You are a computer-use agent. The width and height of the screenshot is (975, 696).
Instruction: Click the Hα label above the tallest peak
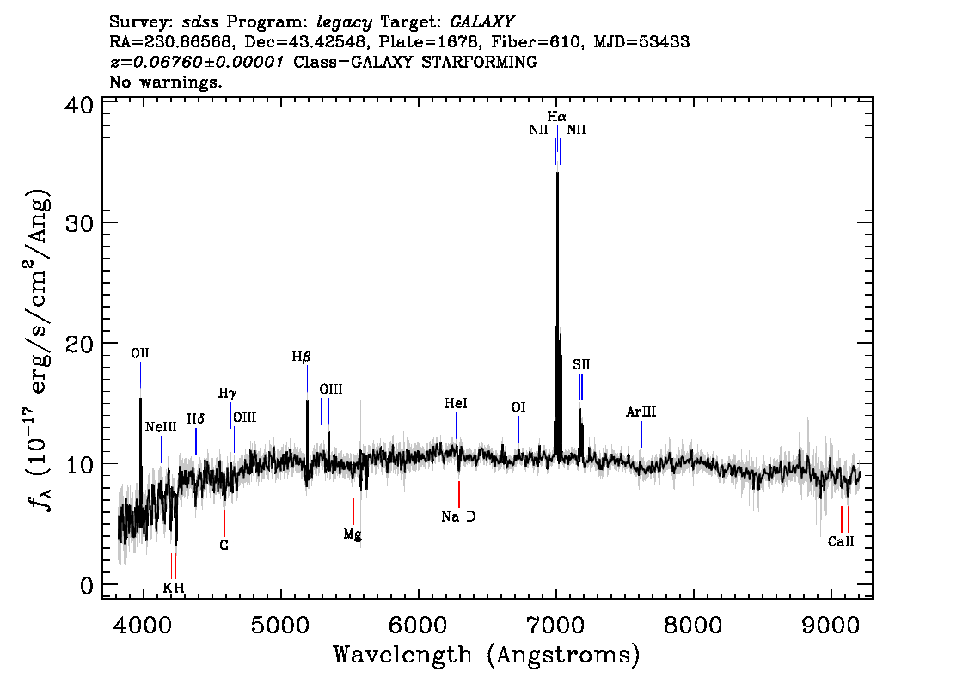pos(556,115)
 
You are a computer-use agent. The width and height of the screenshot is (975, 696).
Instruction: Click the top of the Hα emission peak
pos(557,173)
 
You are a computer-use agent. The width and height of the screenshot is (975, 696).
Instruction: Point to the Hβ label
pos(301,357)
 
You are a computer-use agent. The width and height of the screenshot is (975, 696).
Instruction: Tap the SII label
pos(581,365)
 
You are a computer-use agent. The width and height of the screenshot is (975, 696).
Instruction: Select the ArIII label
pos(641,412)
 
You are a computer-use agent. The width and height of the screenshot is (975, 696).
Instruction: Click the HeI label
pos(456,404)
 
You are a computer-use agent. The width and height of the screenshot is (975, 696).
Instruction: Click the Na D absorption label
pos(458,516)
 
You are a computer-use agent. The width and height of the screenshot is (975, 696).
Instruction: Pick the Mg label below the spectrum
pos(353,534)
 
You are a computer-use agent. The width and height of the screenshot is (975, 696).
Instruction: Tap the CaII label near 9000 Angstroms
pos(841,541)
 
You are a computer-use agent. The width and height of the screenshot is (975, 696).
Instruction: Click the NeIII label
pos(161,427)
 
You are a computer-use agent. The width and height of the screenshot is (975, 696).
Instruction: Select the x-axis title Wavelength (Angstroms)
pos(487,656)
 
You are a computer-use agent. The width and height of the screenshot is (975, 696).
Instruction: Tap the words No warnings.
pos(166,82)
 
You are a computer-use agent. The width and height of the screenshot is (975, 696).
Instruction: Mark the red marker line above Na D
pos(459,494)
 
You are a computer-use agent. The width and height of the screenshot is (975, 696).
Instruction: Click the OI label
pos(518,407)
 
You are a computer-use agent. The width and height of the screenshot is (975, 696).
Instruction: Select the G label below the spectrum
pos(224,545)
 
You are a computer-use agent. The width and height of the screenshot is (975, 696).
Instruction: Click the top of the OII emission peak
pos(140,398)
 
